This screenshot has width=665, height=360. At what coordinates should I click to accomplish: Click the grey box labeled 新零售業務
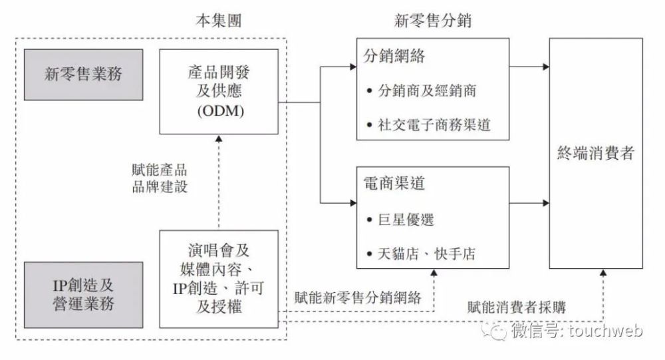tap(84, 75)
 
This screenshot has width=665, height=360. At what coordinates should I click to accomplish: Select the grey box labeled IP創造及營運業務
tap(84, 295)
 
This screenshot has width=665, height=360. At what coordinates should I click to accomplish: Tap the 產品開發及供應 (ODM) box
tap(219, 92)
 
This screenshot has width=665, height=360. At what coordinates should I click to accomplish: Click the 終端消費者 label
tap(596, 153)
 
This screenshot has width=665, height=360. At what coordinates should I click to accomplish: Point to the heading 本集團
tap(219, 21)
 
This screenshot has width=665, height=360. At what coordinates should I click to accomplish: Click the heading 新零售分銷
tap(433, 21)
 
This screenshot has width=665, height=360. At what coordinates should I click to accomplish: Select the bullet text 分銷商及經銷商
tap(428, 90)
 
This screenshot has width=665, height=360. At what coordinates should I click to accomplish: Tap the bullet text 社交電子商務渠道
tap(434, 125)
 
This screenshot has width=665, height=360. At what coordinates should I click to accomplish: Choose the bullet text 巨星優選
tap(406, 220)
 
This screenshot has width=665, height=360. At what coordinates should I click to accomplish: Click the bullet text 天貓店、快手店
tap(427, 254)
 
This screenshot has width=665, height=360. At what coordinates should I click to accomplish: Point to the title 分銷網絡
tap(394, 56)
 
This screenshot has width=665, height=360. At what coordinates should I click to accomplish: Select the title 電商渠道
tap(394, 184)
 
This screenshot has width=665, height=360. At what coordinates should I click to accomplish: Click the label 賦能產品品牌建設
tap(160, 178)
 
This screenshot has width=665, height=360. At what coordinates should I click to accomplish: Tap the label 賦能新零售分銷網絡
tap(358, 297)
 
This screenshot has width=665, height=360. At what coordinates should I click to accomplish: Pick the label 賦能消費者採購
tap(517, 307)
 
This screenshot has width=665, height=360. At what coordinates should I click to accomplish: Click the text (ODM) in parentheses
tap(221, 111)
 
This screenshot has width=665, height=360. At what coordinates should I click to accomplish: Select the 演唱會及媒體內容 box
tap(219, 279)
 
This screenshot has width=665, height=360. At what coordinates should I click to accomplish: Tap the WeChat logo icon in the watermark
tap(493, 330)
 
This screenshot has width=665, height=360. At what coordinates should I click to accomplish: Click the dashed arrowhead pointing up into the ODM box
tap(219, 138)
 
